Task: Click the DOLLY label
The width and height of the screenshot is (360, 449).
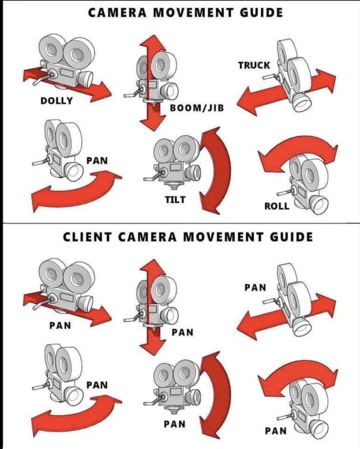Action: point(56,101)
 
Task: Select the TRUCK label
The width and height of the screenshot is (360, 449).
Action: point(254,65)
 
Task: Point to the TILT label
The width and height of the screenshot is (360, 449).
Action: point(175,200)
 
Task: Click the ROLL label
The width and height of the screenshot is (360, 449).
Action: point(277,206)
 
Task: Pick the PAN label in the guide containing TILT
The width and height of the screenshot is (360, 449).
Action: point(97,160)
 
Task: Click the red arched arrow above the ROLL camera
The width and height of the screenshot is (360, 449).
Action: point(298,149)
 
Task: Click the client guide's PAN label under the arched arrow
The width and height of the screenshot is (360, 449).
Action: point(275,431)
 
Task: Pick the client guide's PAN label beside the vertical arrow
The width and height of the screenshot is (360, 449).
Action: point(182,333)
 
